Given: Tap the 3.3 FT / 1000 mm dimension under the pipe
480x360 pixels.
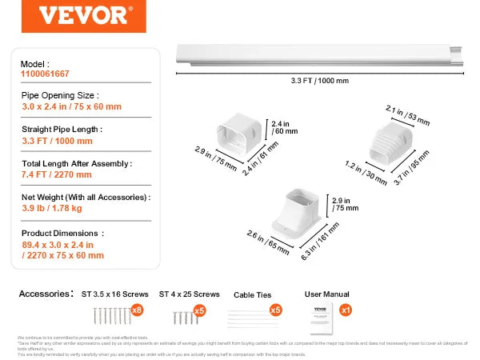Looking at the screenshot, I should [319, 80].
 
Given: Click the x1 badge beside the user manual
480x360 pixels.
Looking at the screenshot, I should [346, 310].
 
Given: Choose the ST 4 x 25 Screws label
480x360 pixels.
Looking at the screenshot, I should [189, 294].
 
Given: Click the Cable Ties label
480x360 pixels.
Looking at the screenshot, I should [252, 294].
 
